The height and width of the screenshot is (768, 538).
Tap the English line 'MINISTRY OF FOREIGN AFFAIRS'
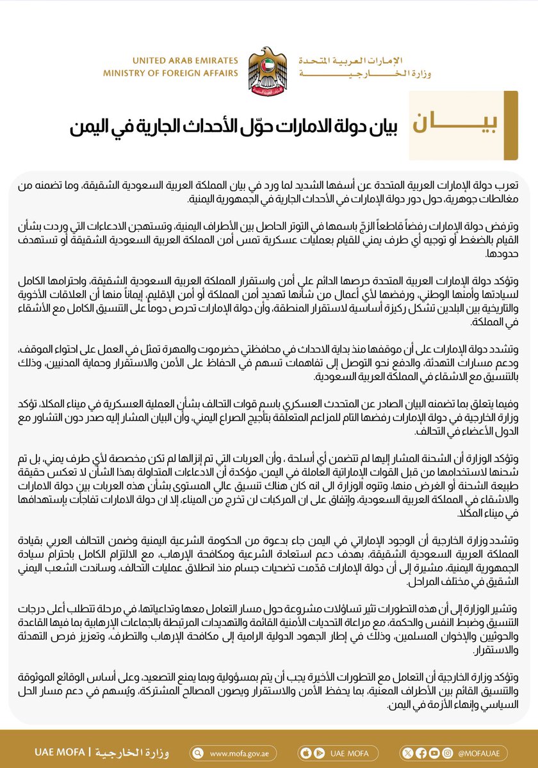(x=170, y=74)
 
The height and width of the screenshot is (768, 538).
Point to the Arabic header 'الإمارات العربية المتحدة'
(x=364, y=61)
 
